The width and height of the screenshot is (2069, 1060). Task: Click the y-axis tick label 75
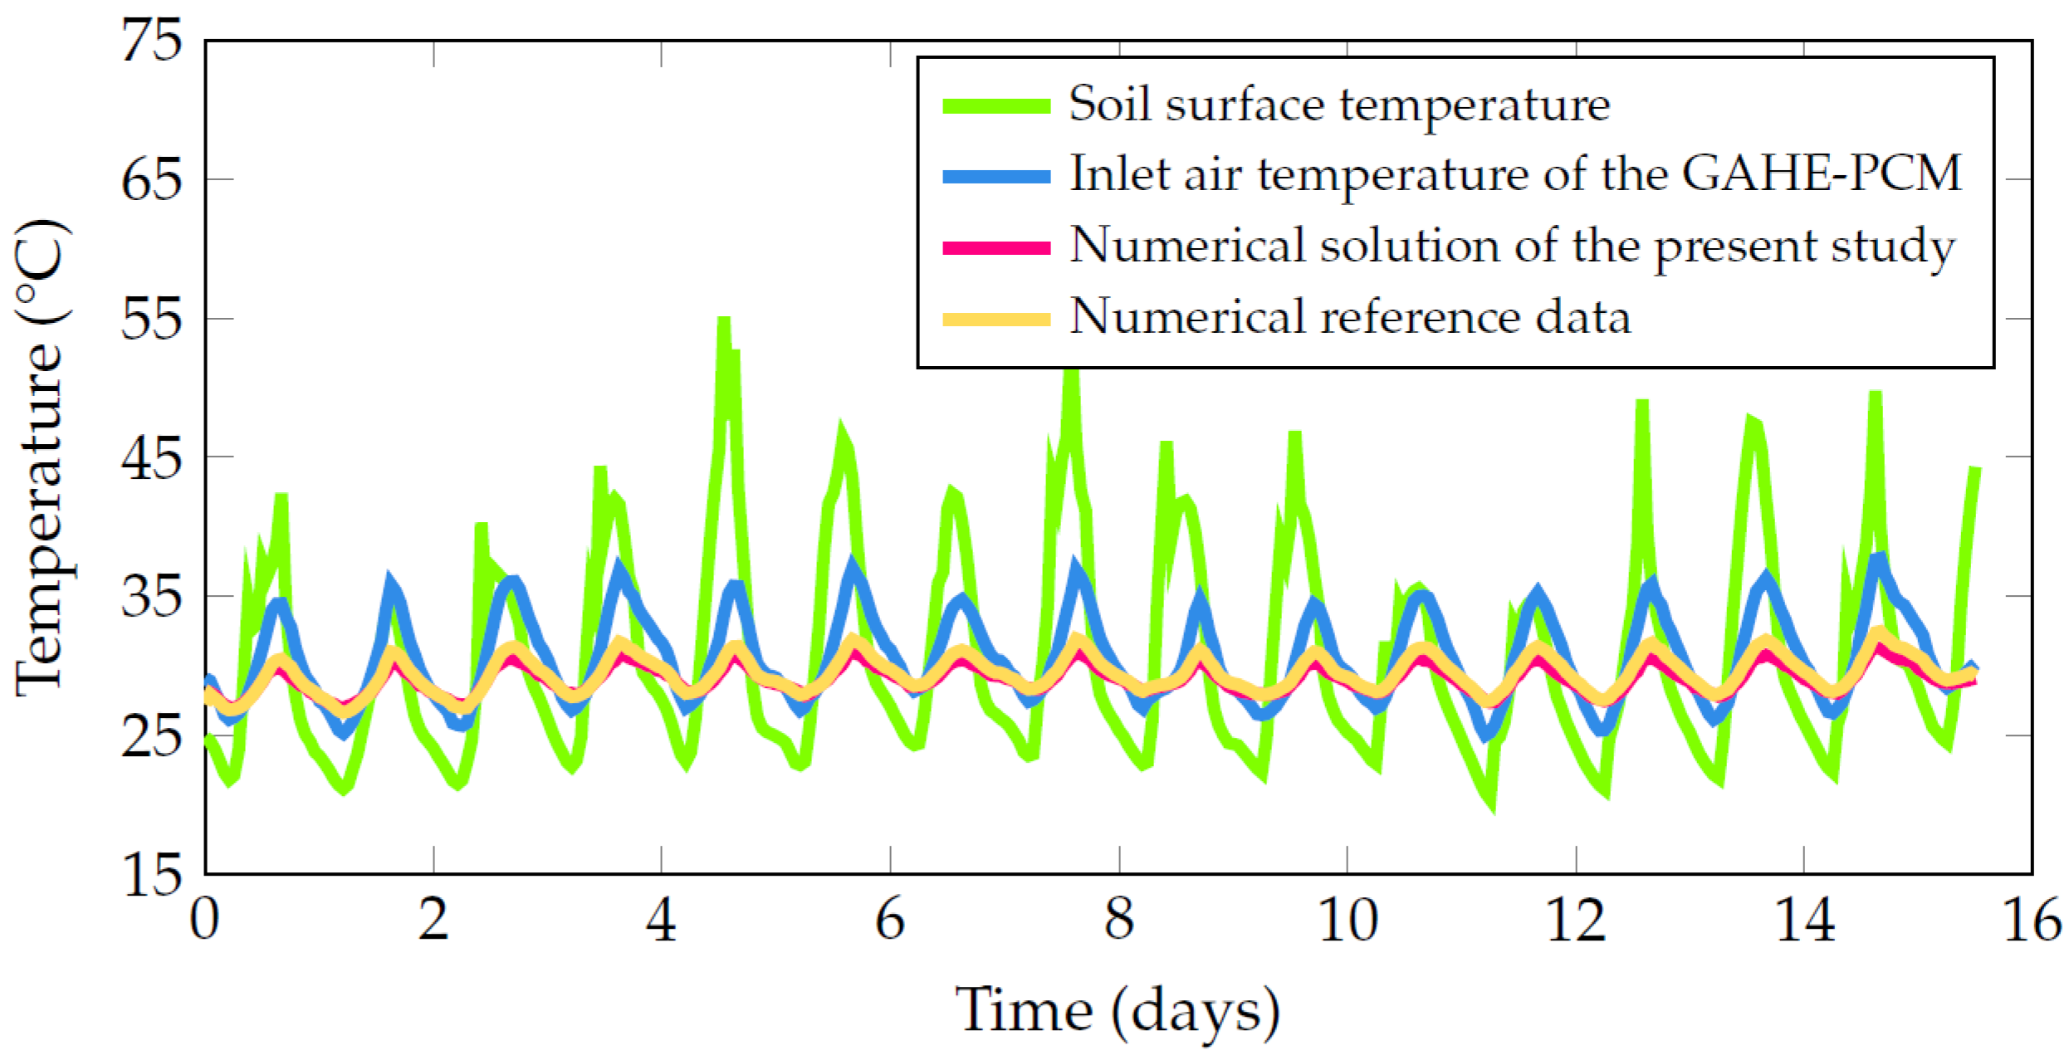[x=151, y=40]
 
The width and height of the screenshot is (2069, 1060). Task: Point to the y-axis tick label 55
[x=151, y=319]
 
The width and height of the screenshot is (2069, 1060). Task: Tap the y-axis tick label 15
[x=151, y=875]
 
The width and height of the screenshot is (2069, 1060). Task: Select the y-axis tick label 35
[x=151, y=596]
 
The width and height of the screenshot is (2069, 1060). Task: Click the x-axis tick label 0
[x=204, y=920]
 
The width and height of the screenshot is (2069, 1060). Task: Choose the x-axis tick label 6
[x=890, y=920]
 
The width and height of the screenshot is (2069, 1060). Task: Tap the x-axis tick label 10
[x=1348, y=920]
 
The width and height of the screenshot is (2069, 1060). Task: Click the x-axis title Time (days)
[x=1118, y=1011]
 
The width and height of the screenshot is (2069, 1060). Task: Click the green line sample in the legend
[x=996, y=106]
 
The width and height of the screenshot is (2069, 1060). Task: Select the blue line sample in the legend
[x=996, y=176]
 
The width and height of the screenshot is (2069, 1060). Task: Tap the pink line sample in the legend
[x=996, y=247]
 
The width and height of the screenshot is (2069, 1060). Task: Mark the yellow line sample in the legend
[x=996, y=319]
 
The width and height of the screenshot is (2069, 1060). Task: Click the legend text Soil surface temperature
[x=1338, y=105]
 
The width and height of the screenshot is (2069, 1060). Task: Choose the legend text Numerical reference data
[x=1349, y=318]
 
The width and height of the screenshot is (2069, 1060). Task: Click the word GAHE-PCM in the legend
[x=1822, y=174]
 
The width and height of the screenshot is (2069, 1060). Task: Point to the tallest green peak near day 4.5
[x=724, y=320]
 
